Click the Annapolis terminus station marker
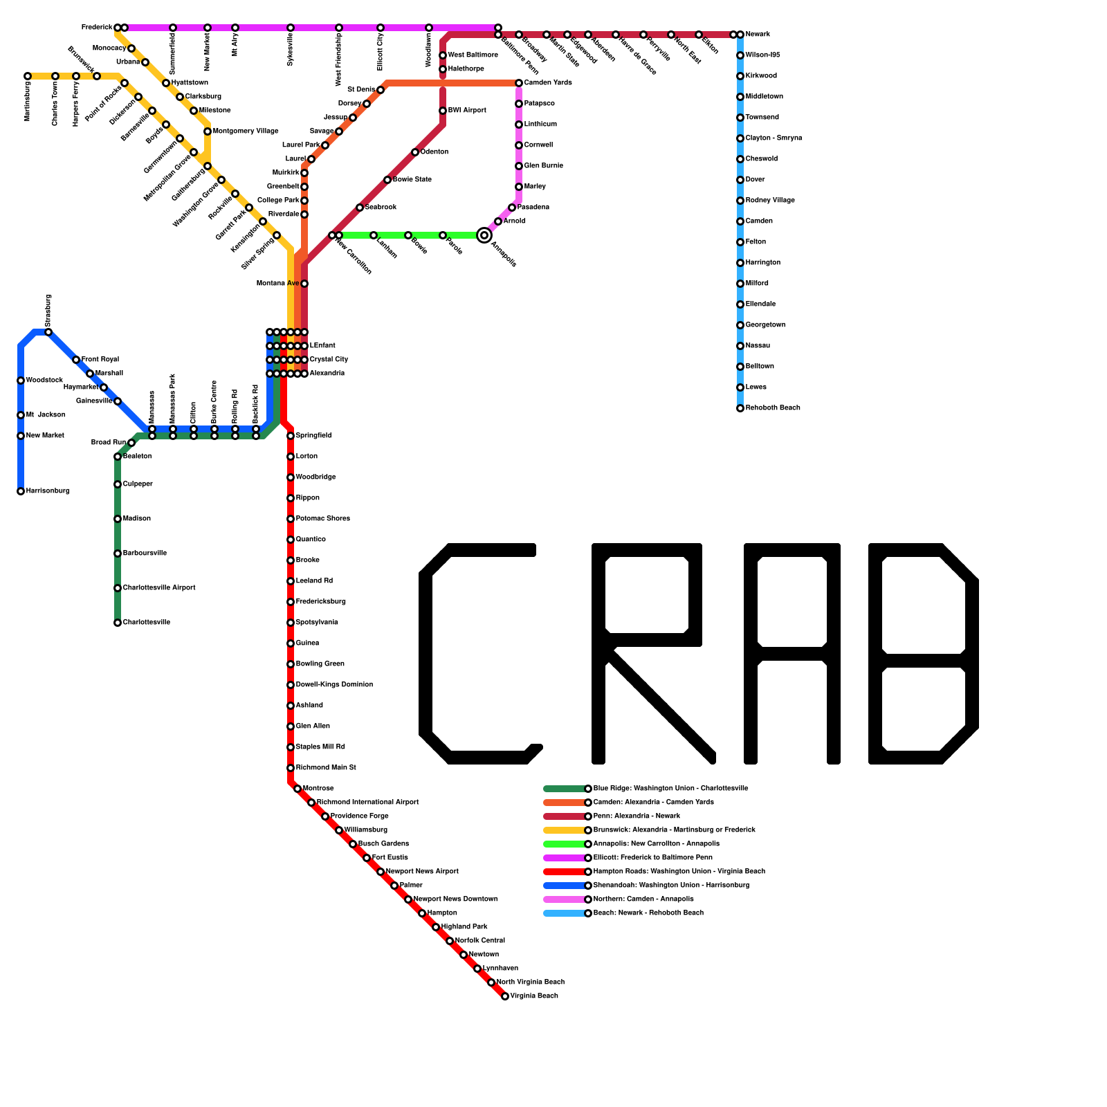pos(484,235)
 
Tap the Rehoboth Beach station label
pos(773,408)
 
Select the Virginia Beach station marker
pos(505,996)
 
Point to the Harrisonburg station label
pos(48,491)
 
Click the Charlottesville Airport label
pos(159,588)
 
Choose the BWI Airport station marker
pos(443,111)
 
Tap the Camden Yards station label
pos(548,83)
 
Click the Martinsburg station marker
pos(28,76)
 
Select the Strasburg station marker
pos(48,332)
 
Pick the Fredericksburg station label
pos(321,602)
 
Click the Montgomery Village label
pos(246,131)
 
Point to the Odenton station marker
pos(415,152)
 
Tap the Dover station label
pos(756,180)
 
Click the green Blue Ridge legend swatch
pos(565,789)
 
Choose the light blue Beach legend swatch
pos(565,913)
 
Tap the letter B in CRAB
pos(924,654)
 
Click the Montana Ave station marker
pos(304,284)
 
